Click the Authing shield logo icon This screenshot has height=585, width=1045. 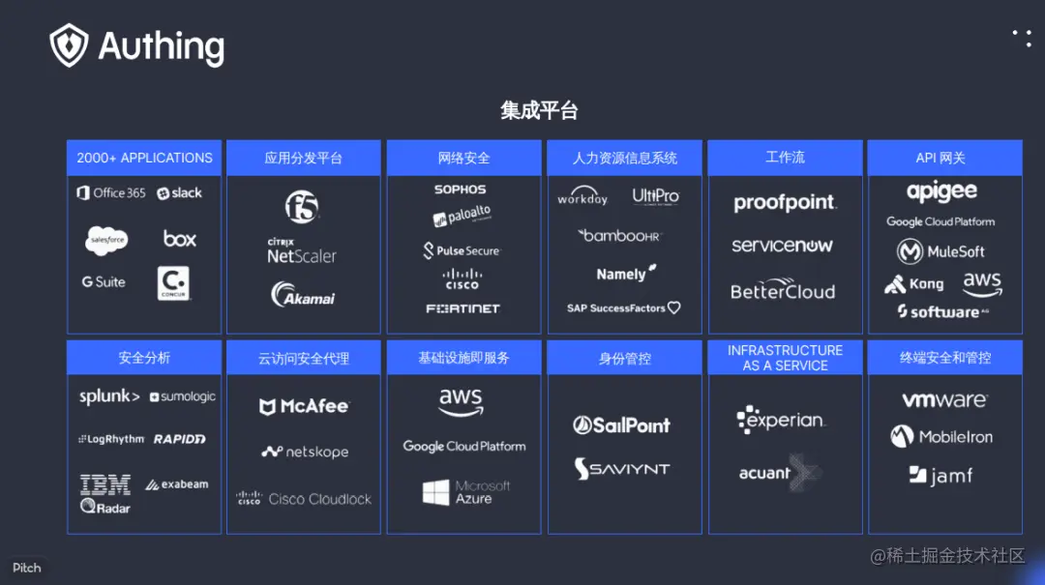[69, 45]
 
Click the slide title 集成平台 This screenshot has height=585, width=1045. [539, 110]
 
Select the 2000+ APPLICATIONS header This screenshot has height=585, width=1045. [144, 158]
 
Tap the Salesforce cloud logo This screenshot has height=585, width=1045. [106, 240]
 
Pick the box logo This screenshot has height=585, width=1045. [180, 239]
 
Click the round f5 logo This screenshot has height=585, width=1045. [302, 206]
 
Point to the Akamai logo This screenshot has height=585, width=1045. [303, 294]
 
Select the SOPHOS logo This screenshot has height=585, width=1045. [460, 190]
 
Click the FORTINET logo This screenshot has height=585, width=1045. [463, 308]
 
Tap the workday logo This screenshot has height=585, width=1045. [582, 197]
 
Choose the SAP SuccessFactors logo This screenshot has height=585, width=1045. [623, 308]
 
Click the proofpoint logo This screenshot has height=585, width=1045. [784, 203]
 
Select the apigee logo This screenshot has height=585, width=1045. [941, 191]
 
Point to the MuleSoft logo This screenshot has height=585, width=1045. [940, 252]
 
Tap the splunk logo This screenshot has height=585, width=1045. [109, 396]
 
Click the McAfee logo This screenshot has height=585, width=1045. [304, 407]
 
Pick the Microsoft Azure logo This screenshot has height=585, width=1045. [465, 492]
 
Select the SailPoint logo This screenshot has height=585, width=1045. [621, 425]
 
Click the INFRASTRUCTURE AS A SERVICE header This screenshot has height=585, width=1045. [785, 358]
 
